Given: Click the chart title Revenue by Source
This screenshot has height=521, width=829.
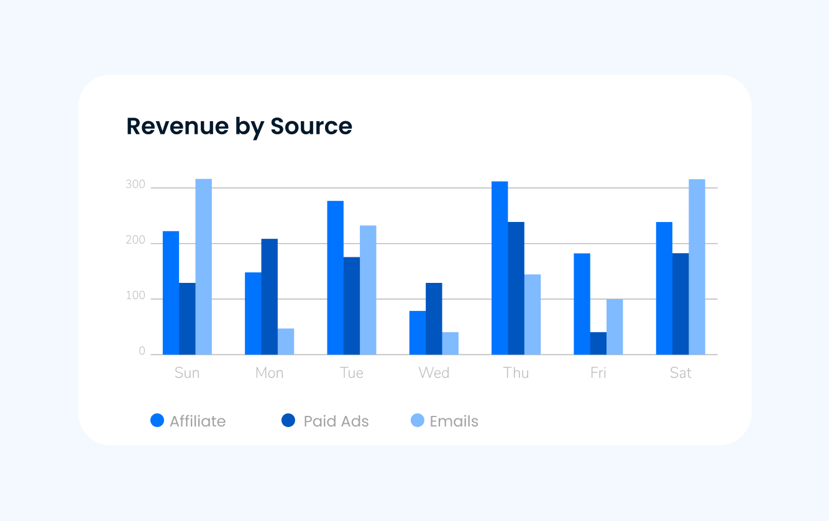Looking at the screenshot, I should (x=239, y=126).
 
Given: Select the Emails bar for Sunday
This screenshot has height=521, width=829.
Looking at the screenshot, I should (x=204, y=267).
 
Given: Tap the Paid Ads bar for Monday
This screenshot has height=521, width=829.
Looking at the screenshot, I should (x=269, y=297).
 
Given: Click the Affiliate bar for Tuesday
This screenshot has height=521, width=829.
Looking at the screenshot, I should (x=335, y=277).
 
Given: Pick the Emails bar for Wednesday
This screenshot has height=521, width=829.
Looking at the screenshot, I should (x=451, y=343).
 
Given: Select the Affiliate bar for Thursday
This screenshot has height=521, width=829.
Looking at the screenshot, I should (x=500, y=268).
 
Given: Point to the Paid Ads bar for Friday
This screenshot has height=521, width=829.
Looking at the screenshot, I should (x=598, y=343).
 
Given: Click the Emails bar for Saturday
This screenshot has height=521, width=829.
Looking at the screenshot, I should (x=697, y=267).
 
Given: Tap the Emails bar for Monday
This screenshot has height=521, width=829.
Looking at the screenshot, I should (x=286, y=341).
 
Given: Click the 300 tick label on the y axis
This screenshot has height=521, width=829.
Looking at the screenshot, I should (x=135, y=185).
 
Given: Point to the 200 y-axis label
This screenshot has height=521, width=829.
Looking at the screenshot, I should (x=135, y=241).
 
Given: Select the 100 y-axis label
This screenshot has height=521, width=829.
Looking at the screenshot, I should (x=135, y=297).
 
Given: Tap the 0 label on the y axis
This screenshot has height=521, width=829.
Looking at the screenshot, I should (x=142, y=352).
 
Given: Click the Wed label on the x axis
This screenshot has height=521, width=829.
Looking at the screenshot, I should (x=434, y=373).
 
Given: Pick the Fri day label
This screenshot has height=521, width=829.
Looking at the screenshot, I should (x=598, y=373).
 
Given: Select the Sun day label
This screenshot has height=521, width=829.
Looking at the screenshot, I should (x=187, y=373).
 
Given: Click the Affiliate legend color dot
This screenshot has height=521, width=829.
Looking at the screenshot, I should (x=157, y=421).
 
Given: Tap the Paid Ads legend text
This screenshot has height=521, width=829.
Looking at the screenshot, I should (x=336, y=421).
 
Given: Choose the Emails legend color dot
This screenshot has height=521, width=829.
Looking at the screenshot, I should (x=418, y=421).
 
